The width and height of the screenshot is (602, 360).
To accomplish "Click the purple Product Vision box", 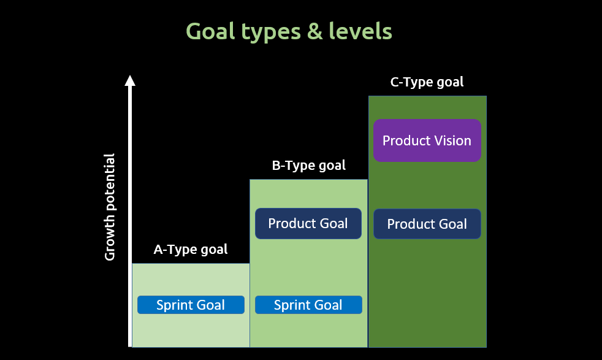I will pos(427,140).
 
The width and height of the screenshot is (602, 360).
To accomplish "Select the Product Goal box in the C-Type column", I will pos(427,224).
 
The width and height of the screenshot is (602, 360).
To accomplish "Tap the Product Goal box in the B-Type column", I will pos(308,224).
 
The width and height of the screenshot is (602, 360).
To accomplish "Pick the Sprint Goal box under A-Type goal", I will pos(191,305).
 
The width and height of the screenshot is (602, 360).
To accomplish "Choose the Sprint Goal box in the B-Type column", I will pos(308,305).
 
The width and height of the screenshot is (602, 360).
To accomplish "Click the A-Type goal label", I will pos(190,249).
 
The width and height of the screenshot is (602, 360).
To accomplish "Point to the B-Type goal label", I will pos(308,165).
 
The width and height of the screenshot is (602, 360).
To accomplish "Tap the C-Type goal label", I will pos(427,82).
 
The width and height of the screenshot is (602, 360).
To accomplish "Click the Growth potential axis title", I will pos(110,207).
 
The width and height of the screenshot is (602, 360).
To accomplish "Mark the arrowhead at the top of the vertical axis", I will pos(129,80).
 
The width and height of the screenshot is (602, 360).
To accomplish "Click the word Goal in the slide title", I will pos(210,31).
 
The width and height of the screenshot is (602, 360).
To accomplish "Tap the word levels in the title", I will pos(362,31).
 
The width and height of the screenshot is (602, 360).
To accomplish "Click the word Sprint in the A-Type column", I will pos(175,305).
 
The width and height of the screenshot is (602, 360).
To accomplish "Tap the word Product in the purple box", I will pos(405,140).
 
